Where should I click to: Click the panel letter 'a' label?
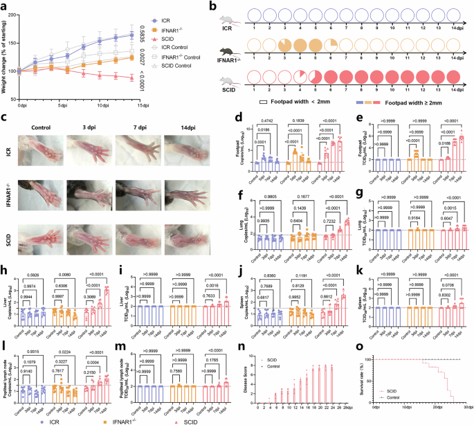tap(5, 6)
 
